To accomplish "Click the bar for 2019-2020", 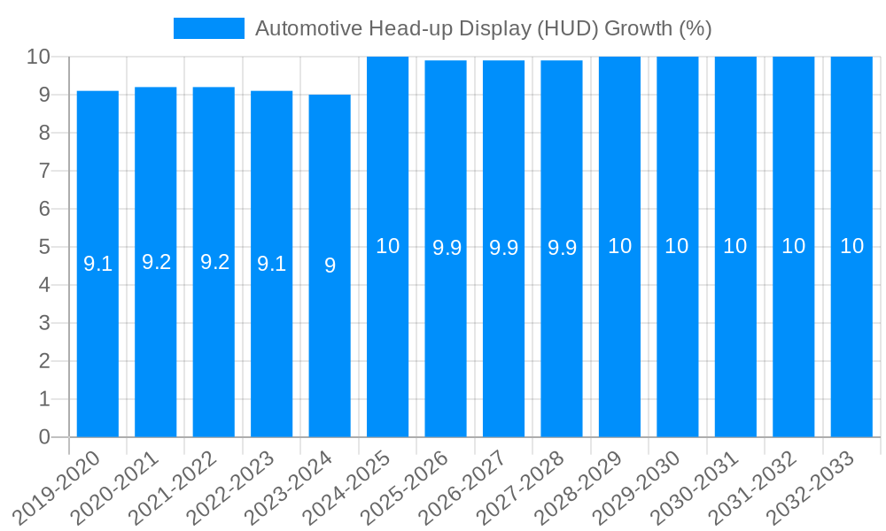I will (97, 336).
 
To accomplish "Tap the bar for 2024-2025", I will (387, 336).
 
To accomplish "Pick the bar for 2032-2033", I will (851, 336).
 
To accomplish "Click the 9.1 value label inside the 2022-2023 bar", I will (271, 264).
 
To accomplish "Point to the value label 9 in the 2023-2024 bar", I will (330, 265).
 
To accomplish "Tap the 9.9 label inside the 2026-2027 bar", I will (503, 248).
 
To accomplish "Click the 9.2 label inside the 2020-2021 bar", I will (156, 262).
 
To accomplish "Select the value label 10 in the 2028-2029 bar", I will (619, 246).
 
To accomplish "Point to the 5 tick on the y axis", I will (45, 247).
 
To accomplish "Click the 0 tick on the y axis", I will (45, 437).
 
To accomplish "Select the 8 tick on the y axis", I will (45, 133).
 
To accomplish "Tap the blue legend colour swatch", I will (209, 28).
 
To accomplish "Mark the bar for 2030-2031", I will (735, 336).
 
